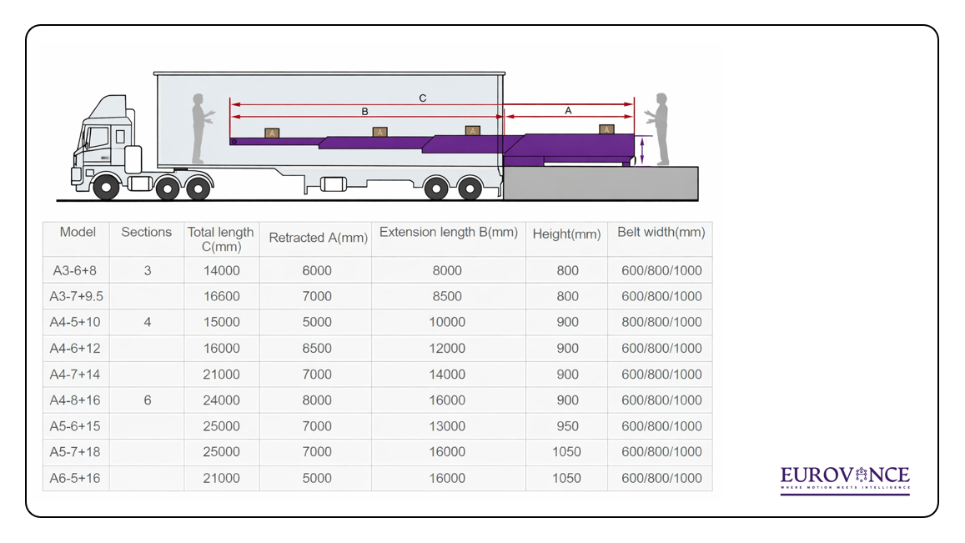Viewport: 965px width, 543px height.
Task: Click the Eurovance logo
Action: (x=845, y=480)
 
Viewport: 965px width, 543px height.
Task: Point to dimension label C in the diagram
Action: (x=423, y=98)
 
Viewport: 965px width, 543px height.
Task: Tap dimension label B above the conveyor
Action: (x=364, y=111)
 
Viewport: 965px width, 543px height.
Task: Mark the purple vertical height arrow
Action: (x=642, y=150)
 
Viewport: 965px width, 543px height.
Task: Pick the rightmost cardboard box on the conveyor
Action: (x=607, y=128)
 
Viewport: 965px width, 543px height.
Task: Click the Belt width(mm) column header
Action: (x=661, y=233)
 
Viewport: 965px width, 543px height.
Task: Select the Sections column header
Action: (x=146, y=233)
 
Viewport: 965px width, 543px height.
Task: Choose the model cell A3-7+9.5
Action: (x=76, y=296)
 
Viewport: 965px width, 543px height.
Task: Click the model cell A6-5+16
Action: (x=76, y=478)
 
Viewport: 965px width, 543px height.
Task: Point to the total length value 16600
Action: (x=221, y=296)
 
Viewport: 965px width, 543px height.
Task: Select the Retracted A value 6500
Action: (x=317, y=348)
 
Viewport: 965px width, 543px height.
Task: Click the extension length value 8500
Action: (x=447, y=296)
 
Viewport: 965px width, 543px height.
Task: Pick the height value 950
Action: (x=567, y=426)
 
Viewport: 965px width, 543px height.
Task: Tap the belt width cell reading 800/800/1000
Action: (x=661, y=322)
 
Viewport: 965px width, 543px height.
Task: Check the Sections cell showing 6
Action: (x=148, y=400)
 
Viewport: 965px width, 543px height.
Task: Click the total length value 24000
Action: (x=221, y=400)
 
